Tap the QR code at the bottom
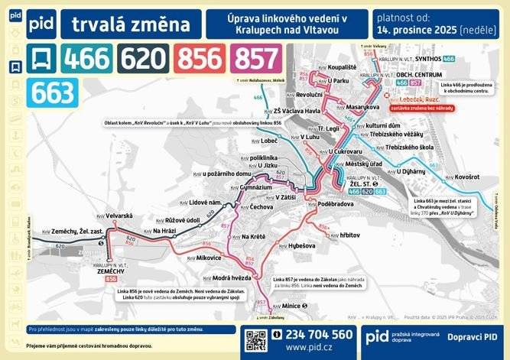(x=259, y=340)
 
